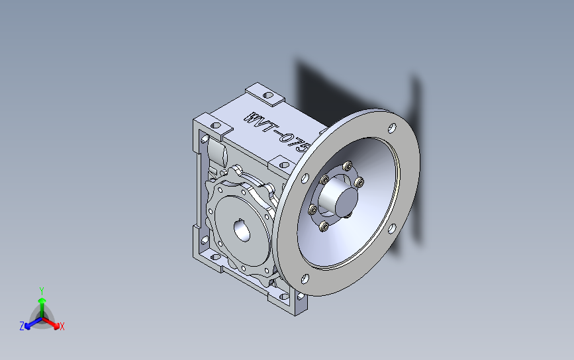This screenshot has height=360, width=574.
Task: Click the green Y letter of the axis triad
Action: tap(42, 291)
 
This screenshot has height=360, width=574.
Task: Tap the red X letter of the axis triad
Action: tap(62, 326)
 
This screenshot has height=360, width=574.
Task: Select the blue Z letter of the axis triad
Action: tap(22, 326)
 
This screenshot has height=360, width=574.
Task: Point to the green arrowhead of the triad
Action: tap(42, 300)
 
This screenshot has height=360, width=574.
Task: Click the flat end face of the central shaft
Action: tap(346, 202)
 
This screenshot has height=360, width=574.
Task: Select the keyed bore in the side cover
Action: tap(242, 230)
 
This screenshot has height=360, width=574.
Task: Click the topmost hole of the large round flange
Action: tap(392, 128)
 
